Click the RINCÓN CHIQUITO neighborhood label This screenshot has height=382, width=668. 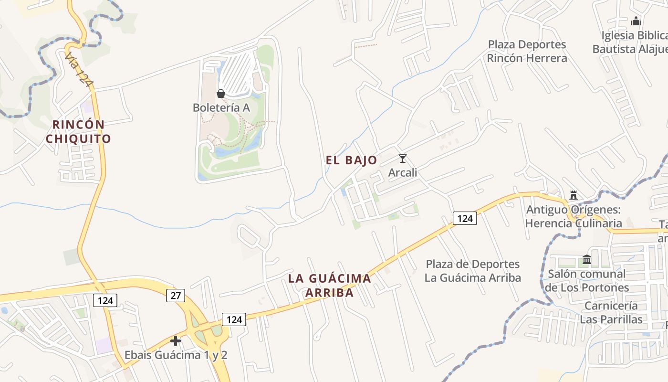78,131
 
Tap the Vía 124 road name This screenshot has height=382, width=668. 79,70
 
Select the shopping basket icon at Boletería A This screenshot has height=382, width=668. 220,93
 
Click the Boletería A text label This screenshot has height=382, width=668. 221,107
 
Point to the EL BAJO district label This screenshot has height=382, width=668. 351,160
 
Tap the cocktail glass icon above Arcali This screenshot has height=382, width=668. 403,158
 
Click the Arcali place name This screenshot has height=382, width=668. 403,172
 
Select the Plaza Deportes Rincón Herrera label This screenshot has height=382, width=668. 527,51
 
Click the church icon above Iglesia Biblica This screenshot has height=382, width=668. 636,21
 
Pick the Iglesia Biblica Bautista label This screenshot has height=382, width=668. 630,42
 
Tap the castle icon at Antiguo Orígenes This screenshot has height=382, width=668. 574,195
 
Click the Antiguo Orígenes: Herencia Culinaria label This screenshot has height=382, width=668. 574,216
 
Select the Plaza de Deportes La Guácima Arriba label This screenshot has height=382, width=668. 472,271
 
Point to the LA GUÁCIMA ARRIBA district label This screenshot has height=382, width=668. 329,285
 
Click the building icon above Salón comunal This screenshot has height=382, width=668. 587,259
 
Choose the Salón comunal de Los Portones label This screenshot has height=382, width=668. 587,281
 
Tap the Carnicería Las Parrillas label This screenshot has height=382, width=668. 611,312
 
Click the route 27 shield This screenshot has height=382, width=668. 176,295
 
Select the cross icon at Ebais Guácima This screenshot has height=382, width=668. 176,341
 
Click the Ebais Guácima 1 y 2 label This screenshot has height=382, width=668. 176,355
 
